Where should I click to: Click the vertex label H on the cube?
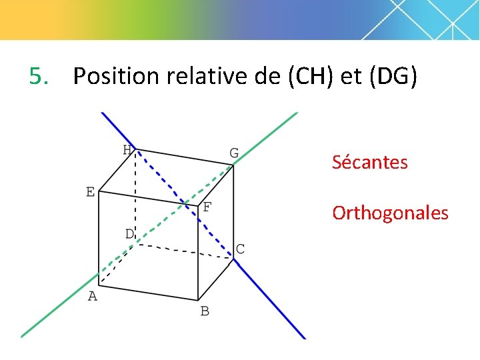tap(127, 149)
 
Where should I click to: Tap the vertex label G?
tap(234, 153)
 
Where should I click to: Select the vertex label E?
tap(90, 192)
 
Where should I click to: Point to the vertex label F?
tap(207, 207)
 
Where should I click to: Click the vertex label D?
tap(129, 233)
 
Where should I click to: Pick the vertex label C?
tap(240, 249)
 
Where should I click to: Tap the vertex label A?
tap(93, 296)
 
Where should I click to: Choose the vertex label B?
tap(205, 311)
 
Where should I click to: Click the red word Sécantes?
tap(370, 162)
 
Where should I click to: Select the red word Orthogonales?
tap(390, 213)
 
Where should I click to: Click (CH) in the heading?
tap(311, 77)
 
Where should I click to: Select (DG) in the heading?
tap(392, 77)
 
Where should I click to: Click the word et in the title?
tap(351, 77)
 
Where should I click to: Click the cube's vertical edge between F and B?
tap(198, 253)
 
